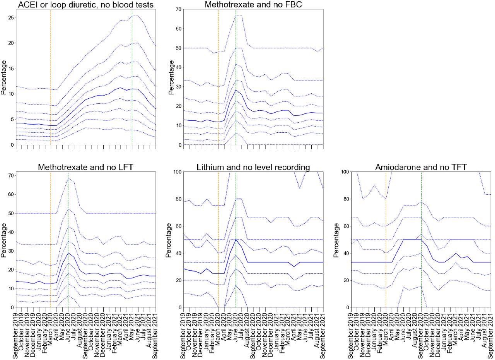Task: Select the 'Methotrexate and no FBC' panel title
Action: point(253,5)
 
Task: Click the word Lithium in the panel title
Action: point(211,167)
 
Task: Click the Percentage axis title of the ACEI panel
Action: point(3,77)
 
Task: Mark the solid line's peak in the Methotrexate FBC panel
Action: point(236,90)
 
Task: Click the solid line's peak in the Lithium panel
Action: point(236,239)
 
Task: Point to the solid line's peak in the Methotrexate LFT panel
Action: point(68,253)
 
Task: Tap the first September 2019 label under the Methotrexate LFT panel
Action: point(16,333)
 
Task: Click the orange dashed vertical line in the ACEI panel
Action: point(51,77)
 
